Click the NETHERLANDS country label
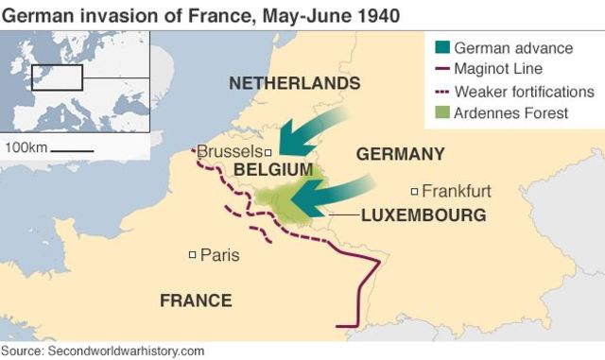point(294,84)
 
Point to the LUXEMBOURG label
point(423,215)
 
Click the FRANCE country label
point(195,300)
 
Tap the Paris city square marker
point(193,254)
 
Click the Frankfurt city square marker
point(413,191)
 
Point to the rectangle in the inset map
point(58,77)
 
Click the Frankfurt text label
point(456,191)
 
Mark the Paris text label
point(219,254)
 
